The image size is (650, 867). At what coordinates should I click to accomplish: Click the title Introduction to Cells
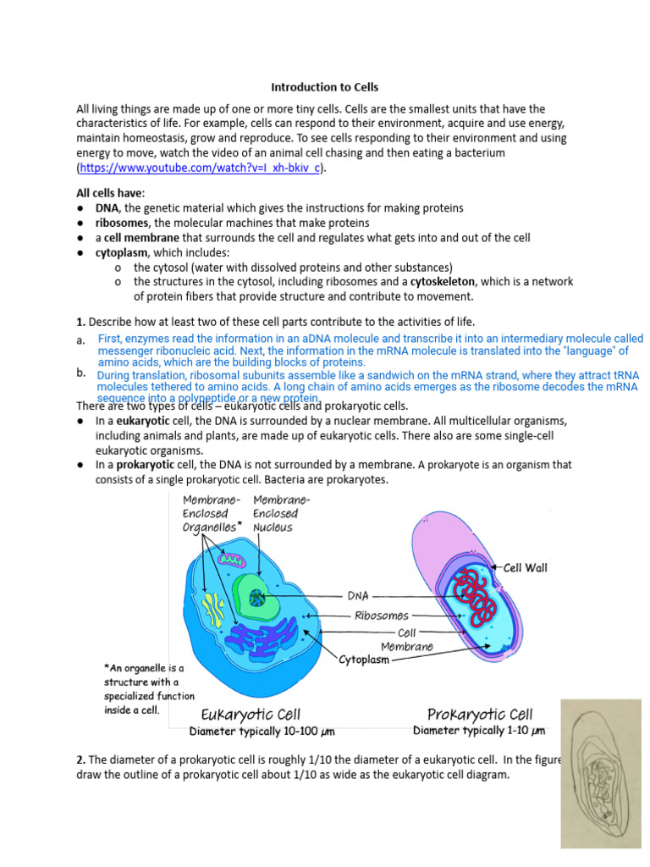pyautogui.click(x=324, y=87)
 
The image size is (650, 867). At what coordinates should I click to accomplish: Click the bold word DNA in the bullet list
pyautogui.click(x=107, y=207)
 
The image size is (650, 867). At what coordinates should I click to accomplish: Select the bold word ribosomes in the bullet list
pyautogui.click(x=123, y=223)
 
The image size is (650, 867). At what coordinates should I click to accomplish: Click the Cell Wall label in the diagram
pyautogui.click(x=526, y=568)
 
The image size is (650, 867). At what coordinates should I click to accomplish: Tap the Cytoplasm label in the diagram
pyautogui.click(x=365, y=660)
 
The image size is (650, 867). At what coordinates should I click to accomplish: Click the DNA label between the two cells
pyautogui.click(x=358, y=596)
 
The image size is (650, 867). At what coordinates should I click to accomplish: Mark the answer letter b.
pyautogui.click(x=80, y=373)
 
